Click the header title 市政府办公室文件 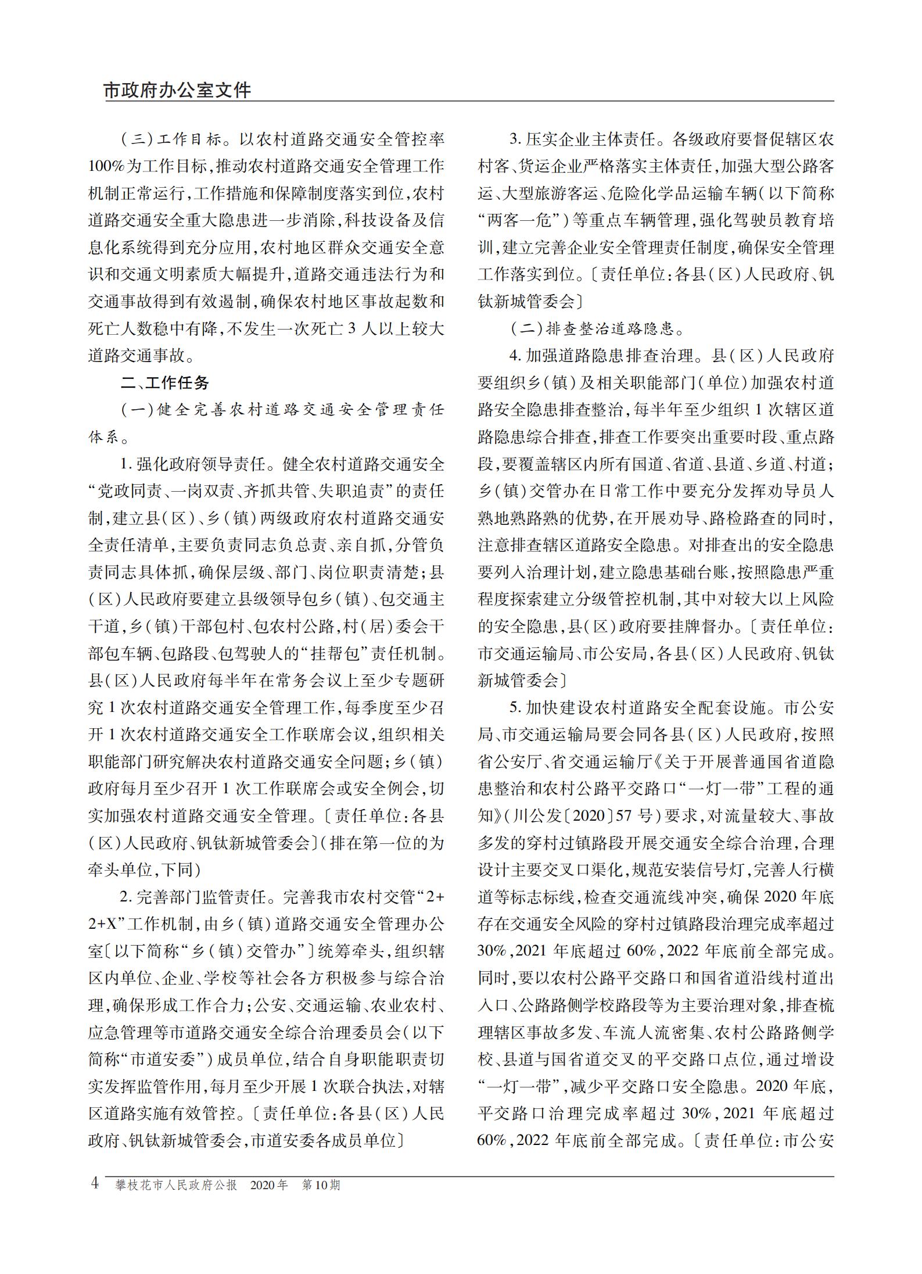pos(178,91)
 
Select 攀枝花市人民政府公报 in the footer pos(177,1184)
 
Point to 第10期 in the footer pos(321,1184)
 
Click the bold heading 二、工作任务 pos(164,383)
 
